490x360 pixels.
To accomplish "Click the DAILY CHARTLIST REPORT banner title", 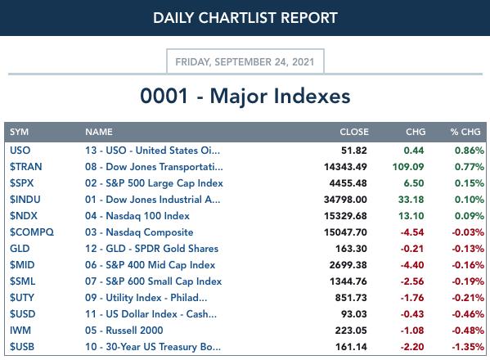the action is coord(245,18).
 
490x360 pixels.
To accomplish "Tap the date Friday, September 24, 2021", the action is coord(245,62).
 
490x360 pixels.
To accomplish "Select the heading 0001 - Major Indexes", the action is coord(245,96).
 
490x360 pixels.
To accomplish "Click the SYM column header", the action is coord(19,132).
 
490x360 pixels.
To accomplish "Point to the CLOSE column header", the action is coord(354,132).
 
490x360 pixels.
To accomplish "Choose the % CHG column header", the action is coord(465,132).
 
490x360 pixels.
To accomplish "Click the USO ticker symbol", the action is coord(20,151).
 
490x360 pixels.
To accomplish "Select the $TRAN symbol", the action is coord(25,167).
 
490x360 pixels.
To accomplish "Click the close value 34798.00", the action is coord(345,200).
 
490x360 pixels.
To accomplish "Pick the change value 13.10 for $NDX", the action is coord(411,216).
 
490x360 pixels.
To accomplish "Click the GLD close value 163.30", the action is coord(351,249).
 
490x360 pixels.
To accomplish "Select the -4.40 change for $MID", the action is coord(412,265).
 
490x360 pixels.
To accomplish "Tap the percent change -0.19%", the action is coord(468,281).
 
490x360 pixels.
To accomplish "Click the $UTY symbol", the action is coord(22,298).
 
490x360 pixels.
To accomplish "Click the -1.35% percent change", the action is coord(468,347).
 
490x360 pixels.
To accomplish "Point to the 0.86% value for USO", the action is coord(470,151).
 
